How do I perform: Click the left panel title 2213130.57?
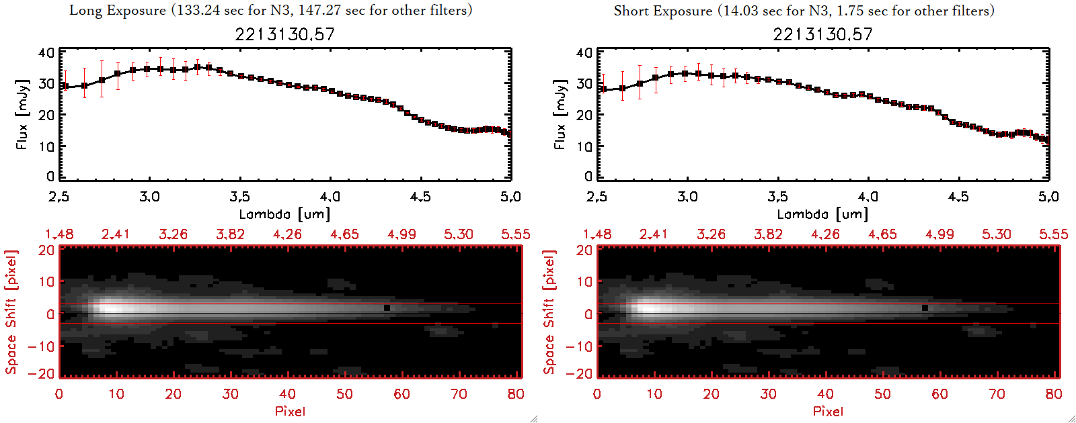click(x=284, y=34)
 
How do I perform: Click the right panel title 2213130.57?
click(x=822, y=34)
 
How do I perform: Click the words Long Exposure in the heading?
click(x=118, y=10)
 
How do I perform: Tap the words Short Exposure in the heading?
click(x=662, y=11)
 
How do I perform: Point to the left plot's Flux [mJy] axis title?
click(x=22, y=114)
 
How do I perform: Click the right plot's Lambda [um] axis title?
click(x=822, y=214)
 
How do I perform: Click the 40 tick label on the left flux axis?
click(x=46, y=53)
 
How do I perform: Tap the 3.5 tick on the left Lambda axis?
click(x=239, y=197)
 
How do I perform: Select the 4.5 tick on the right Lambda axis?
click(x=958, y=197)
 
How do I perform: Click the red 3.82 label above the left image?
click(x=230, y=234)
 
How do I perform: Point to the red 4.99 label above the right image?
click(x=939, y=234)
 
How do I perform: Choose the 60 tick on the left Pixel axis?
click(x=401, y=394)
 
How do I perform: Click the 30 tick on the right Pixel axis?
click(x=768, y=394)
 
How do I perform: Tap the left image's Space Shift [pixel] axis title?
click(x=11, y=312)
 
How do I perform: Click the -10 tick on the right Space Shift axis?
click(x=579, y=346)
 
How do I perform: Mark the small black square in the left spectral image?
click(x=387, y=308)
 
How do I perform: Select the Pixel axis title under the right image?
click(x=828, y=411)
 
